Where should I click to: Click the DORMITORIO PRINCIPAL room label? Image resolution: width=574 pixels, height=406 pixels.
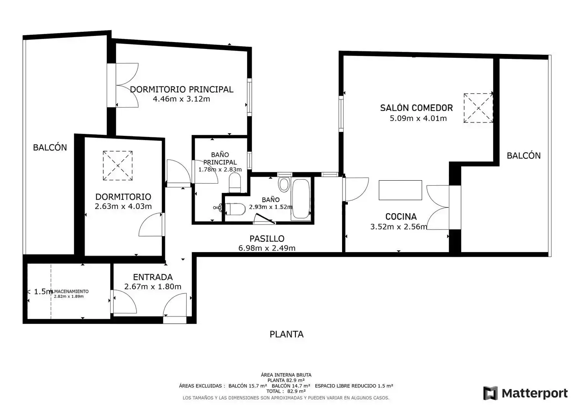[182, 90]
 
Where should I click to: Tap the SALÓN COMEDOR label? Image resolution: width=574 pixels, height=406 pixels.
[416, 108]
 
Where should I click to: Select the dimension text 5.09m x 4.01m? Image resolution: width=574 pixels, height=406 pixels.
[418, 118]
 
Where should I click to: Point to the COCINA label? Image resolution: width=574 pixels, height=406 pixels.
[401, 217]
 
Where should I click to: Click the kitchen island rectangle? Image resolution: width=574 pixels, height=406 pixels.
[400, 190]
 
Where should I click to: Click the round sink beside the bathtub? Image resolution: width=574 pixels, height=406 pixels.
[284, 184]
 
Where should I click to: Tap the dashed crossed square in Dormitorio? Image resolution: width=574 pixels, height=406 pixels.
[117, 166]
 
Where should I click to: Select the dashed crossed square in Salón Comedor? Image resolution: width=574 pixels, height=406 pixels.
[478, 108]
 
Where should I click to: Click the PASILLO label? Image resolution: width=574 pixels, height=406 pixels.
[267, 239]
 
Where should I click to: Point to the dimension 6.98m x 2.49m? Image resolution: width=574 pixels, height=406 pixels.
[267, 248]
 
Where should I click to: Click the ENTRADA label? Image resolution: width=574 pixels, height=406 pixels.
[153, 277]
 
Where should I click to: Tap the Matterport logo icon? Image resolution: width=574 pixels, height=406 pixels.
[490, 393]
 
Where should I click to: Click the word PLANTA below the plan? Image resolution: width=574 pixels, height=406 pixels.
[287, 334]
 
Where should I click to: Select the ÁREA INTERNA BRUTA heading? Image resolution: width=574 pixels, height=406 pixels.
[286, 375]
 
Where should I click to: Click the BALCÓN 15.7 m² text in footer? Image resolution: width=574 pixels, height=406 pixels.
[248, 386]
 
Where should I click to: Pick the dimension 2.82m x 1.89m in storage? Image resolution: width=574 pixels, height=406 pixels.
[68, 297]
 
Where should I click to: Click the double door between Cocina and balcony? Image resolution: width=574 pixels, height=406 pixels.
[438, 207]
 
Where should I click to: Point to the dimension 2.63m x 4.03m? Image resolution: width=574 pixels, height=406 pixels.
[123, 206]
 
